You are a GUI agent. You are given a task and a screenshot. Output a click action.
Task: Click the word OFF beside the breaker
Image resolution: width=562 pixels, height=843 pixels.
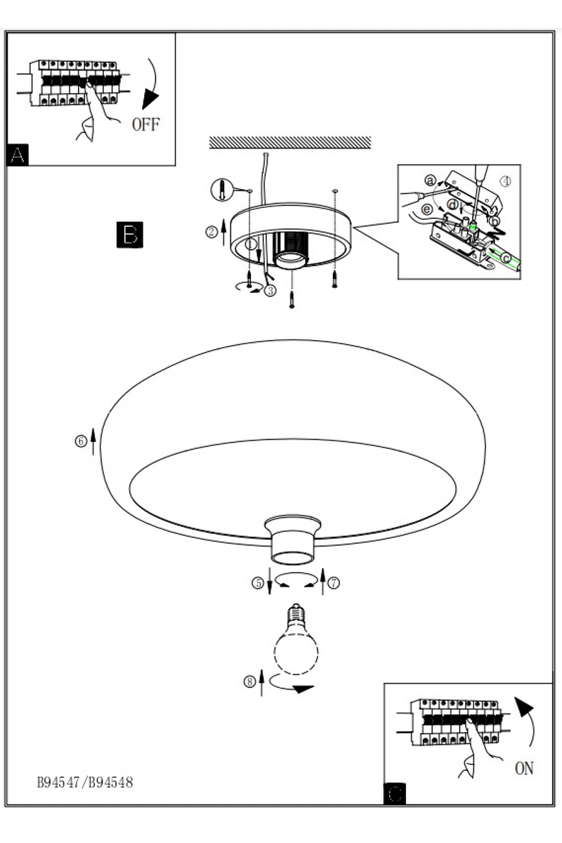point(146,125)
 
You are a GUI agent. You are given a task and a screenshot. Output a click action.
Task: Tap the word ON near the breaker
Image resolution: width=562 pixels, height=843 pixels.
point(525,769)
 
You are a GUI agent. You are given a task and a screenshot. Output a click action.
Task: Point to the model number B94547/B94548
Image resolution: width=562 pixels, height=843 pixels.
point(85,782)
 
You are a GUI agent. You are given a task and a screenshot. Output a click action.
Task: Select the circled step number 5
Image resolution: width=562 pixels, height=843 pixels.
point(259,582)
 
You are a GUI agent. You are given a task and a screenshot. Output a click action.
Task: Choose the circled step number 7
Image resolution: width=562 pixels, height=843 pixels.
point(334,582)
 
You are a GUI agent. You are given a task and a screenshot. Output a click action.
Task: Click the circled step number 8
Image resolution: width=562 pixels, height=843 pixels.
point(249,681)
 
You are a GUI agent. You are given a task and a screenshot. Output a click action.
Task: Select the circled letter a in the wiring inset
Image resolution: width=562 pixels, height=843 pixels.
point(431,180)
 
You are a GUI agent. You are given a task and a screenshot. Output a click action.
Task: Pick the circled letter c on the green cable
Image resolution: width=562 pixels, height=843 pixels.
point(507,258)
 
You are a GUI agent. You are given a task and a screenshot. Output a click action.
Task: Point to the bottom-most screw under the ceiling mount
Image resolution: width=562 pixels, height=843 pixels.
point(292,301)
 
